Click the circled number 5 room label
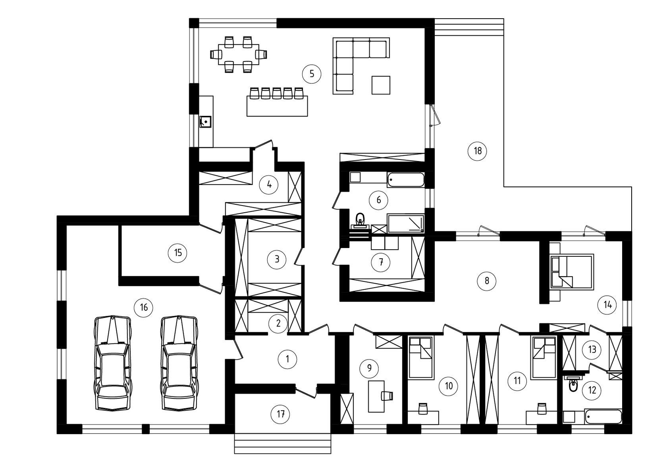(x=311, y=74)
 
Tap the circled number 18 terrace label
(x=477, y=151)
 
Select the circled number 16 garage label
(x=144, y=308)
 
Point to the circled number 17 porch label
(x=280, y=414)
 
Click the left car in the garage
(x=113, y=363)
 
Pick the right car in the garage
(x=179, y=363)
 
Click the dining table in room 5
(x=239, y=54)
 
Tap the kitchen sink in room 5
(x=206, y=122)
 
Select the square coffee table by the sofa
(x=381, y=85)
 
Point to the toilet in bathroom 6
(x=360, y=220)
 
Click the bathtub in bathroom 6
(x=406, y=180)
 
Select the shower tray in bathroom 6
(x=406, y=223)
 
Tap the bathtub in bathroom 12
(x=603, y=417)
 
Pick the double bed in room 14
(x=572, y=272)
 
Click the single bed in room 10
(x=420, y=358)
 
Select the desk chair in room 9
(x=387, y=396)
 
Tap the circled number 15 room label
(x=178, y=253)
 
